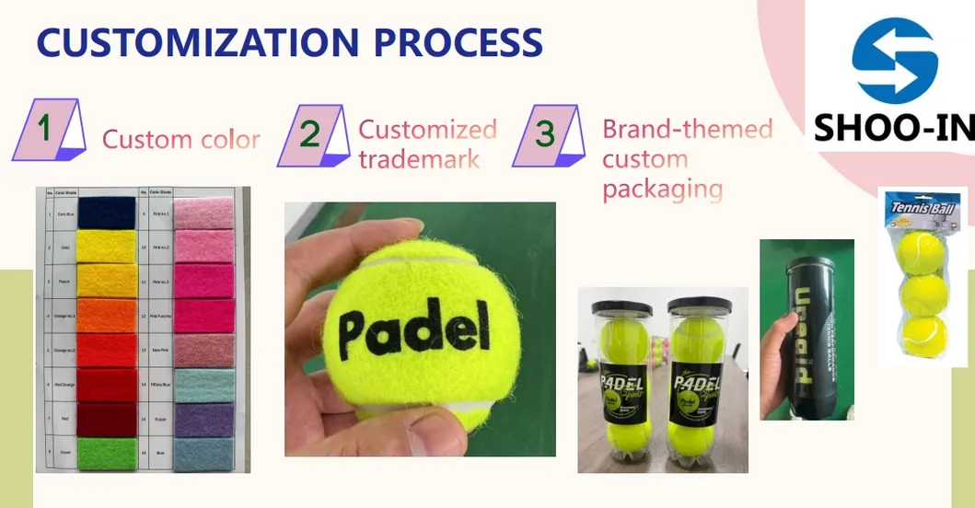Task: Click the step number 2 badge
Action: [311, 135]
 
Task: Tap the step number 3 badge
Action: [548, 134]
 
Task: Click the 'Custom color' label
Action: [180, 140]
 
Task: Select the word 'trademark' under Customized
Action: [419, 159]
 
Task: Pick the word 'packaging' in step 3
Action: [662, 189]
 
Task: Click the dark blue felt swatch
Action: [105, 213]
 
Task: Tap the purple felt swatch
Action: [204, 420]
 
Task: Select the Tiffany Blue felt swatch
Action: [204, 386]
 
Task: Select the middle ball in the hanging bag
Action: [923, 294]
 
